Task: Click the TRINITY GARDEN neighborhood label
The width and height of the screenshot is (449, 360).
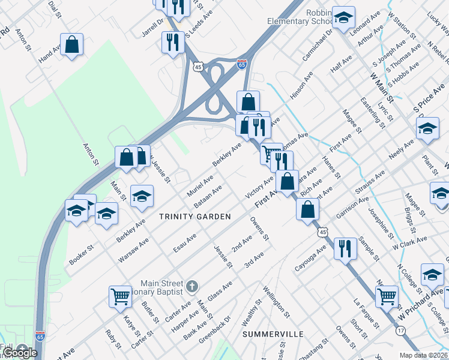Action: click(x=195, y=216)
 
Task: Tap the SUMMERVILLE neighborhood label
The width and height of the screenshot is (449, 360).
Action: click(x=273, y=334)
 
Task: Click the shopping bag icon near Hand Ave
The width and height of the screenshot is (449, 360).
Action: click(x=71, y=44)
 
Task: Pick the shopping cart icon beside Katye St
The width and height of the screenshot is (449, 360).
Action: click(x=120, y=296)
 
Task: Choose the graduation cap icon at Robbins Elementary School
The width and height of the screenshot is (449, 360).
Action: click(x=344, y=17)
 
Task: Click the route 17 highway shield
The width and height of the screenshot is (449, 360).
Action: click(x=400, y=331)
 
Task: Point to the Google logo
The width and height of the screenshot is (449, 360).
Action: click(x=20, y=353)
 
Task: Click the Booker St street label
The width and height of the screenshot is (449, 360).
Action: click(x=82, y=254)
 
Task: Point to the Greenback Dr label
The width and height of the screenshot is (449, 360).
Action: click(x=214, y=328)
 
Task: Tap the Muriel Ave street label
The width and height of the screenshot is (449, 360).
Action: click(x=199, y=184)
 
